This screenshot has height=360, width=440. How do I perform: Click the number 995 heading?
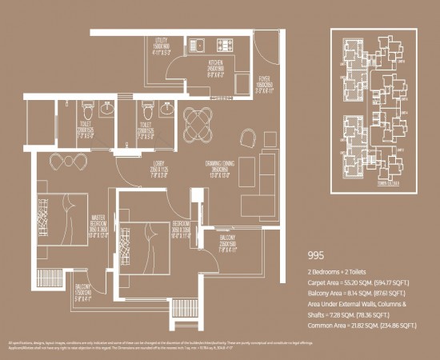tap(319, 258)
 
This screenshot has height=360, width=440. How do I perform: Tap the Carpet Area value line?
tap(361, 283)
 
